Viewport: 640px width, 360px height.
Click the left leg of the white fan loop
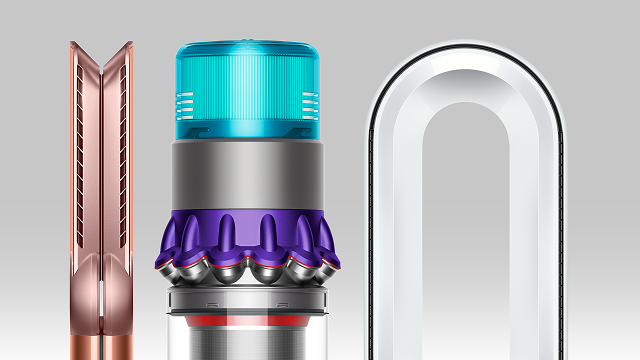(x=396, y=250)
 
